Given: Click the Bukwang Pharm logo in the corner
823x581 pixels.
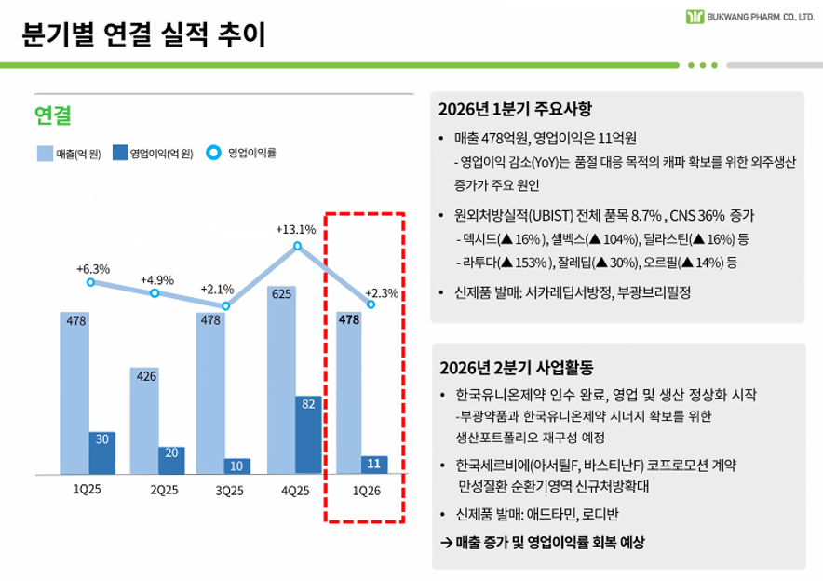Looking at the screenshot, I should [x=695, y=17].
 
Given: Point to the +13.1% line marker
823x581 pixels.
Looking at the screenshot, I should [x=297, y=246].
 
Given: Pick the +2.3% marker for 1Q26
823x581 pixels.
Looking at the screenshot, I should [x=371, y=304].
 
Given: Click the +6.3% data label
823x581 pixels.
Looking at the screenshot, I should [x=93, y=269].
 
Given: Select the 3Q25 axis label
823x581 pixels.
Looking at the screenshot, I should [x=228, y=490].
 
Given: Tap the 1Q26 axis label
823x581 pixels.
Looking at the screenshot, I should [x=366, y=490].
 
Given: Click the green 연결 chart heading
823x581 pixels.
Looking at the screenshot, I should [x=53, y=115].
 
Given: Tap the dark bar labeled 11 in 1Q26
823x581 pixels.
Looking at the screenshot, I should [x=374, y=465].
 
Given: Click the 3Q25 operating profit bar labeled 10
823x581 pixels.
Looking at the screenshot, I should [x=237, y=466].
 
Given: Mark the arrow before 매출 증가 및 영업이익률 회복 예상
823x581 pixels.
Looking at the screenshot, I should [x=446, y=542].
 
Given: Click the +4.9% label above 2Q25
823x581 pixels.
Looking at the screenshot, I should [x=157, y=279].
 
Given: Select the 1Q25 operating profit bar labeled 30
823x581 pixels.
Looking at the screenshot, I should [x=101, y=453].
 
